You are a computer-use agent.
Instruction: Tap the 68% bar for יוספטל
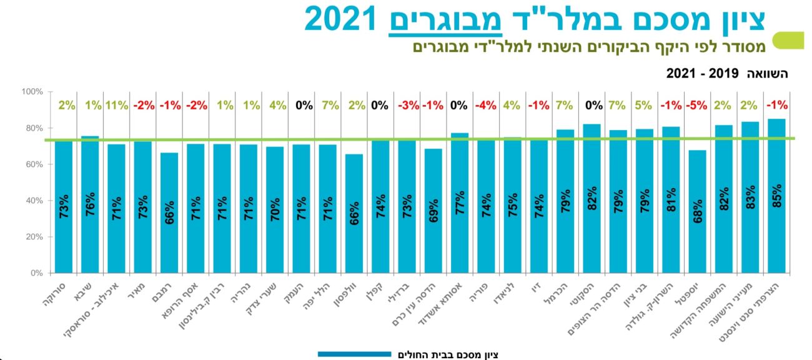pos(697,212)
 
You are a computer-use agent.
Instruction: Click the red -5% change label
pos(697,105)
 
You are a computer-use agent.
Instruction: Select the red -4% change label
pos(485,105)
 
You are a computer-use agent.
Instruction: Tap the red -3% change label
pos(407,105)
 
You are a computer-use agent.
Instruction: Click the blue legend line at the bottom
pos(354,354)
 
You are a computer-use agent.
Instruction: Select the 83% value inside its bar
pos(750,197)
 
